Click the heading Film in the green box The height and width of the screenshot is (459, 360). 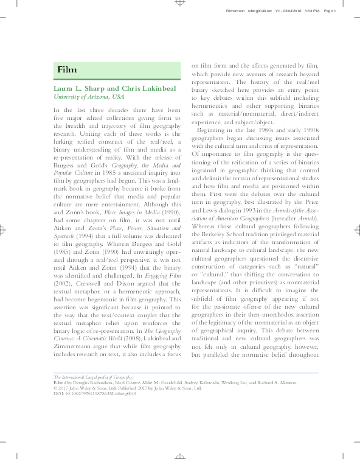pyautogui.click(x=66, y=69)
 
